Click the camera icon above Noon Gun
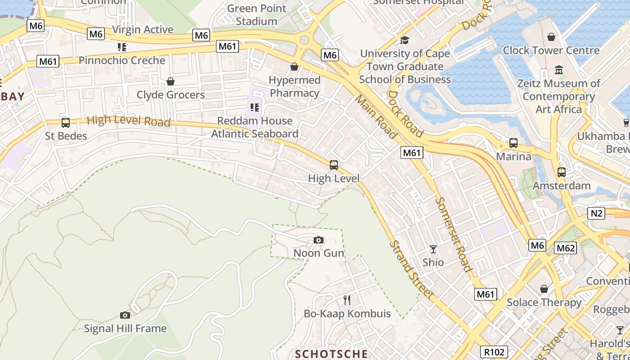(319, 240)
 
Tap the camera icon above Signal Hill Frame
(125, 315)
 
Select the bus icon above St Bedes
(66, 122)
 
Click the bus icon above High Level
(333, 165)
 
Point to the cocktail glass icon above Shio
(433, 249)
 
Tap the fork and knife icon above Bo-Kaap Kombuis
(347, 300)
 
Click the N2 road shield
(596, 213)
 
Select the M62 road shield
(565, 248)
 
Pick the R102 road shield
(494, 352)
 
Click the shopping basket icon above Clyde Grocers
(170, 81)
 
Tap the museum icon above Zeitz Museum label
(559, 70)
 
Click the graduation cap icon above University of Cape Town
(405, 40)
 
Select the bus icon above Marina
(513, 144)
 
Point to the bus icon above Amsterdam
(561, 172)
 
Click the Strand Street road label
(411, 270)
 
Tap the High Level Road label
(128, 121)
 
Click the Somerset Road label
(454, 234)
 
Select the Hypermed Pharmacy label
(295, 86)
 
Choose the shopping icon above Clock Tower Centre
(551, 37)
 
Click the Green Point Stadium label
(256, 14)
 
